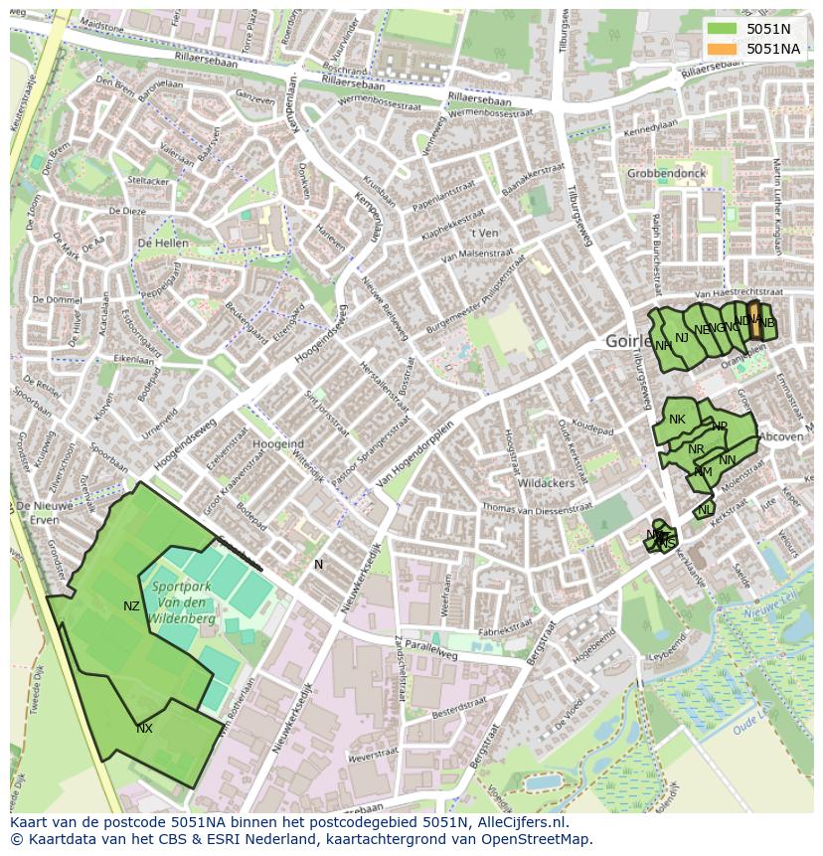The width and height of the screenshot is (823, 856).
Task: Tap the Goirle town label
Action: click(x=627, y=341)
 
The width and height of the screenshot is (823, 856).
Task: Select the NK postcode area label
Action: click(x=677, y=420)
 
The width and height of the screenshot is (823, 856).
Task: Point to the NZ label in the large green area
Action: click(x=131, y=606)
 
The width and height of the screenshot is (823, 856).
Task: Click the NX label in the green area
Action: click(x=144, y=729)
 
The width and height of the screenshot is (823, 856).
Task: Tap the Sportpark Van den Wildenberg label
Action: click(x=182, y=602)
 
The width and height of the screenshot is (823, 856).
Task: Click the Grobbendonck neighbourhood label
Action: click(x=666, y=173)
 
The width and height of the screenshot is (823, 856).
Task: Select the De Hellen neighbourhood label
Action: click(x=163, y=244)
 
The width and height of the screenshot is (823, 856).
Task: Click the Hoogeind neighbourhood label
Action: click(x=278, y=443)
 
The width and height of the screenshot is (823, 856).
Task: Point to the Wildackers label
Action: click(x=546, y=483)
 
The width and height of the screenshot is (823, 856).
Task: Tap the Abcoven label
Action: click(x=780, y=436)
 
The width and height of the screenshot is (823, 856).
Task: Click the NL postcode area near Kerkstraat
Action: click(x=705, y=510)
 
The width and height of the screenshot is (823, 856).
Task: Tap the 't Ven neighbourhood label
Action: click(x=484, y=233)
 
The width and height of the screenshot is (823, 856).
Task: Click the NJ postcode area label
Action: click(x=682, y=338)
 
